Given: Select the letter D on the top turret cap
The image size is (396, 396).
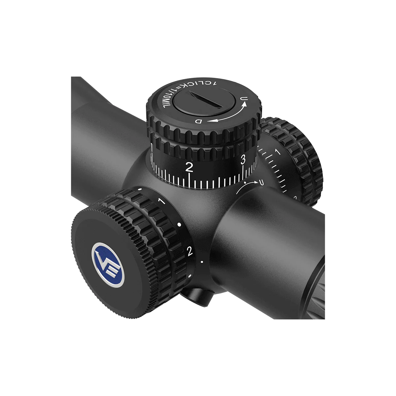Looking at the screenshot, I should coord(199,121).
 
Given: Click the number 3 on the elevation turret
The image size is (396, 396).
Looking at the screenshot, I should coord(243,160).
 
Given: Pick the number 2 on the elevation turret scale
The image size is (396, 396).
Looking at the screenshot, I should coord(189,167).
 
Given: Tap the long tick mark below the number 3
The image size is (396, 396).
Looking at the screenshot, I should coord(244,172).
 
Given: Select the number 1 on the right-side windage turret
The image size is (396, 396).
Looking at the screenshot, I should coord(277,152).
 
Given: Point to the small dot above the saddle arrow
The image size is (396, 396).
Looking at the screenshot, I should coord(245,182).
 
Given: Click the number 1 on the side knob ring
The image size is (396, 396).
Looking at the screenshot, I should coord(161,201).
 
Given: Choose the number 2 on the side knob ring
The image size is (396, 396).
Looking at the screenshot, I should coord(189,251).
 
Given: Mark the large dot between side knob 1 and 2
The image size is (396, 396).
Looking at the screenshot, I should coord(179,224).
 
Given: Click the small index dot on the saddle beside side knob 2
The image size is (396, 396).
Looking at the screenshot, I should coord(202,262).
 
